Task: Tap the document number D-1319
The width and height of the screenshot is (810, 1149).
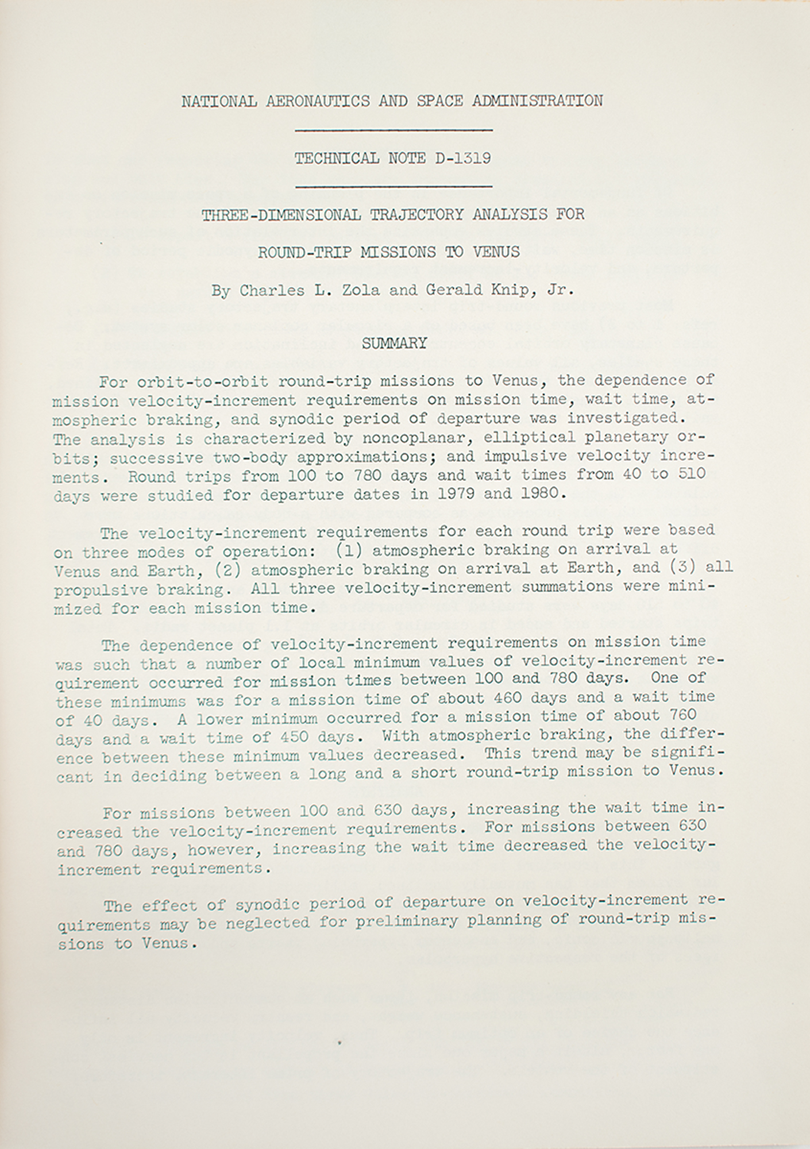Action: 464,158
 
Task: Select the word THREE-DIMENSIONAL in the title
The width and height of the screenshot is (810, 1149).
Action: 281,215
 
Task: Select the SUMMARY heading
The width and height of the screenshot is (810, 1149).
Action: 394,344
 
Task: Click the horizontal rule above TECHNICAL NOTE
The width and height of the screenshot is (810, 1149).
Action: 394,130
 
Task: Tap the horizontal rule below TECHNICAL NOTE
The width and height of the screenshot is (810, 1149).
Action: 394,186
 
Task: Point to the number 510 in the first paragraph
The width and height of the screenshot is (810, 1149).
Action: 700,475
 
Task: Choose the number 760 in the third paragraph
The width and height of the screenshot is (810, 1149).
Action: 682,716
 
